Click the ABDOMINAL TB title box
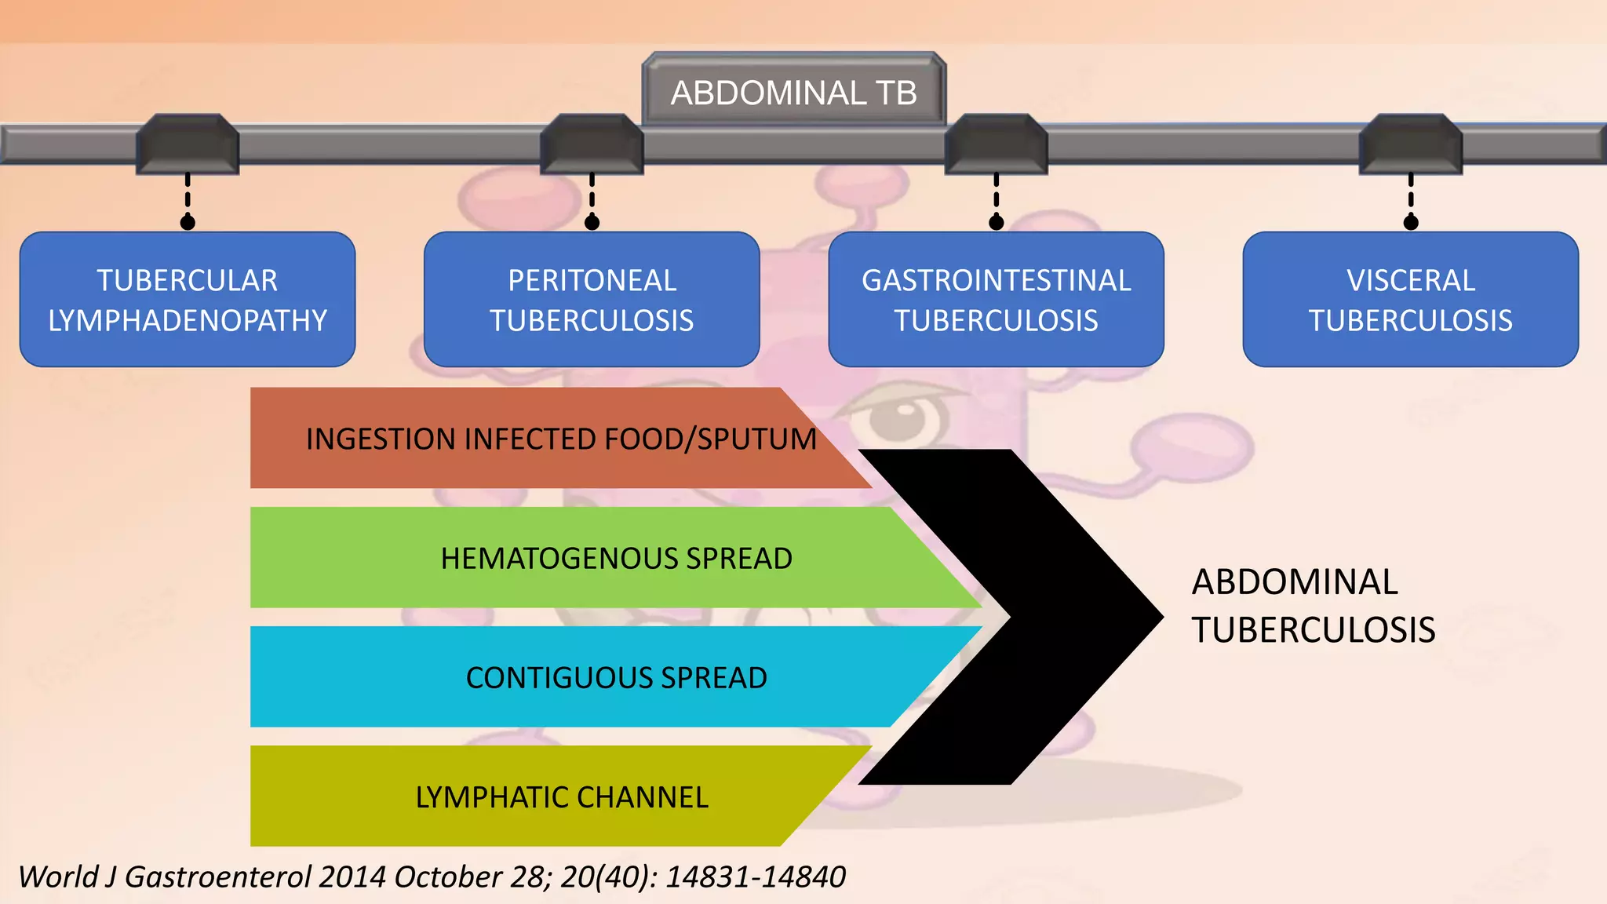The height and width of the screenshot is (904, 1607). click(793, 92)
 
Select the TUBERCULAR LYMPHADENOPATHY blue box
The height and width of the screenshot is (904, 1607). click(188, 300)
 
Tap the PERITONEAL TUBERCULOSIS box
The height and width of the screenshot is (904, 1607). click(592, 300)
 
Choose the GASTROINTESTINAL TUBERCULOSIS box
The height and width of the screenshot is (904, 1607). click(996, 300)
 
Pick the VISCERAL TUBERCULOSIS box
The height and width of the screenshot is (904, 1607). click(1410, 300)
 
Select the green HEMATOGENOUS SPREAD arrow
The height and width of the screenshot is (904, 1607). click(616, 558)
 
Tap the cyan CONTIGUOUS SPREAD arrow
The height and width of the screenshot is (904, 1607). click(616, 677)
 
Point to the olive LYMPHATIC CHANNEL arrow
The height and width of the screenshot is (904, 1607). click(561, 796)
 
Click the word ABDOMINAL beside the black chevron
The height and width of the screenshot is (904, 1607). click(1295, 582)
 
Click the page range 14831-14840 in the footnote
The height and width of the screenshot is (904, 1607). click(755, 877)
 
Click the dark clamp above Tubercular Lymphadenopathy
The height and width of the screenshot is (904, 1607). click(188, 144)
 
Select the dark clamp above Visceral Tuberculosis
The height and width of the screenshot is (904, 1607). click(1410, 144)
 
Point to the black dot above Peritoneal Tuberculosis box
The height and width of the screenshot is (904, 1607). click(592, 223)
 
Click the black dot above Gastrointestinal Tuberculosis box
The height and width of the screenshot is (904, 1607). click(996, 223)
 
